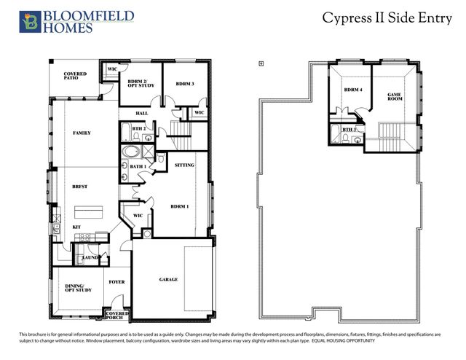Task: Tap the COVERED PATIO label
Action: click(75, 76)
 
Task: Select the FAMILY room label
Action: click(82, 133)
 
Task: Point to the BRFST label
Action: click(80, 187)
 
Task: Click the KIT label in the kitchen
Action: click(76, 227)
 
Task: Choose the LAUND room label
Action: click(90, 257)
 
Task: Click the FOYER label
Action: click(117, 281)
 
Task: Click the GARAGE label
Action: click(168, 279)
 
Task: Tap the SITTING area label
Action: click(185, 165)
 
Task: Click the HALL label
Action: click(143, 113)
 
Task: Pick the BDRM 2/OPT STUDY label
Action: click(139, 83)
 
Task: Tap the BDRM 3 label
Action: click(185, 84)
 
